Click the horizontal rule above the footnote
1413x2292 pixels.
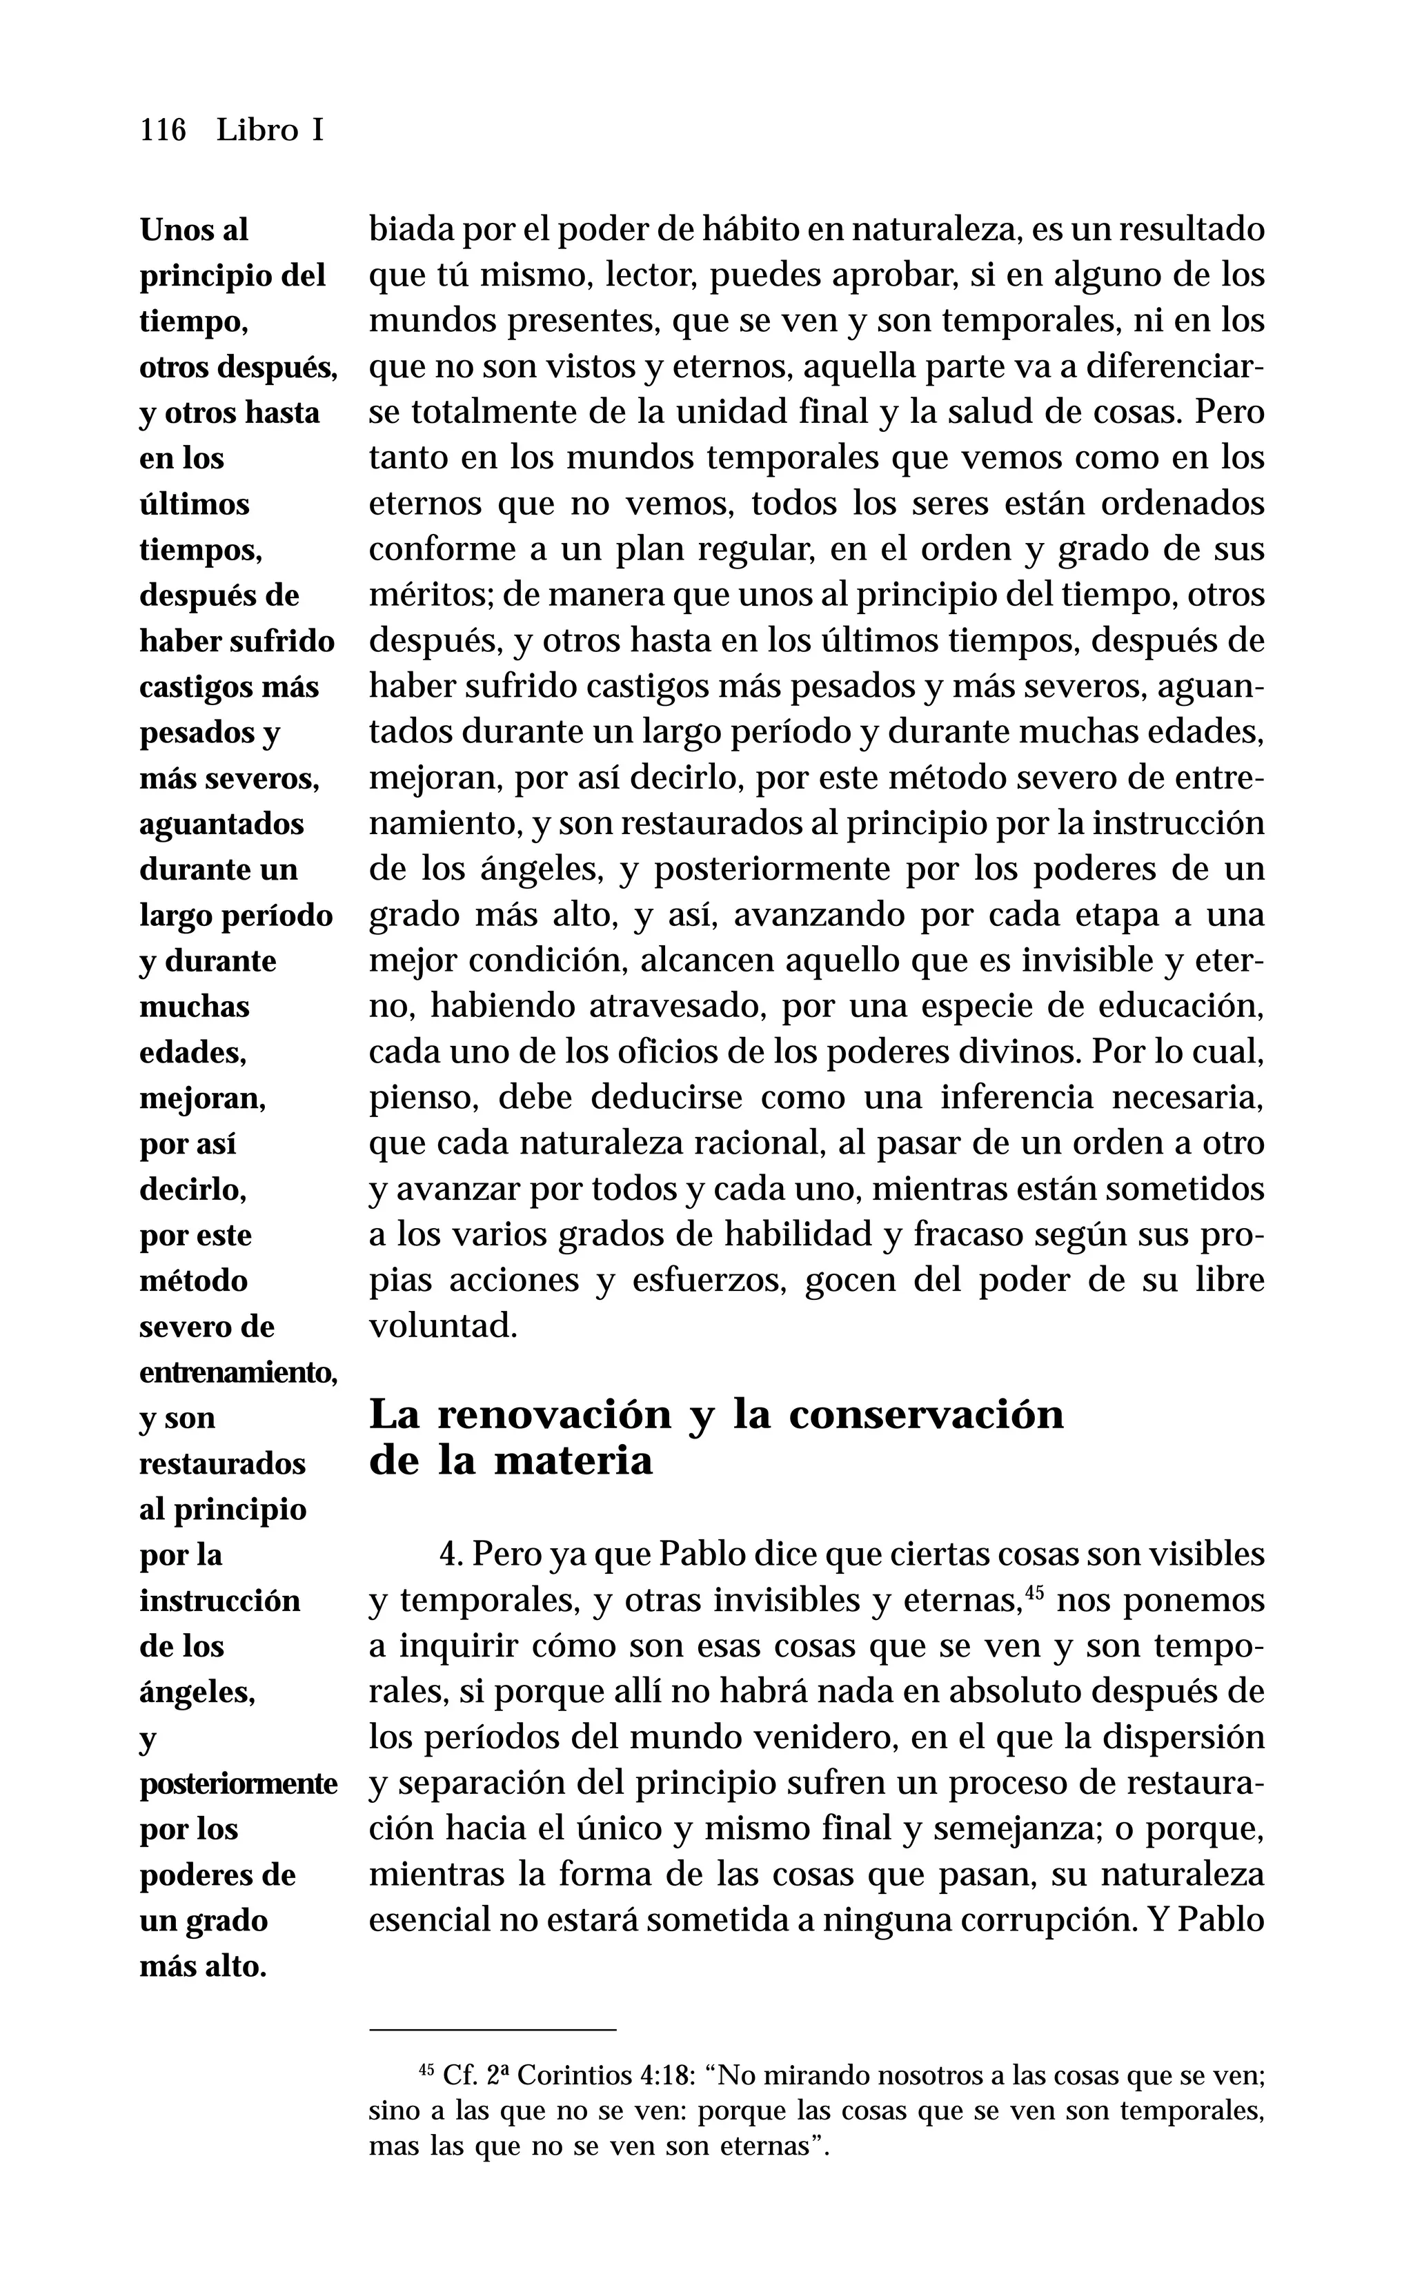click(x=493, y=2029)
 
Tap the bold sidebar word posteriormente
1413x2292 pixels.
click(x=237, y=1783)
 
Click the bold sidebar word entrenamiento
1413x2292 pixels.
click(x=237, y=1372)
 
